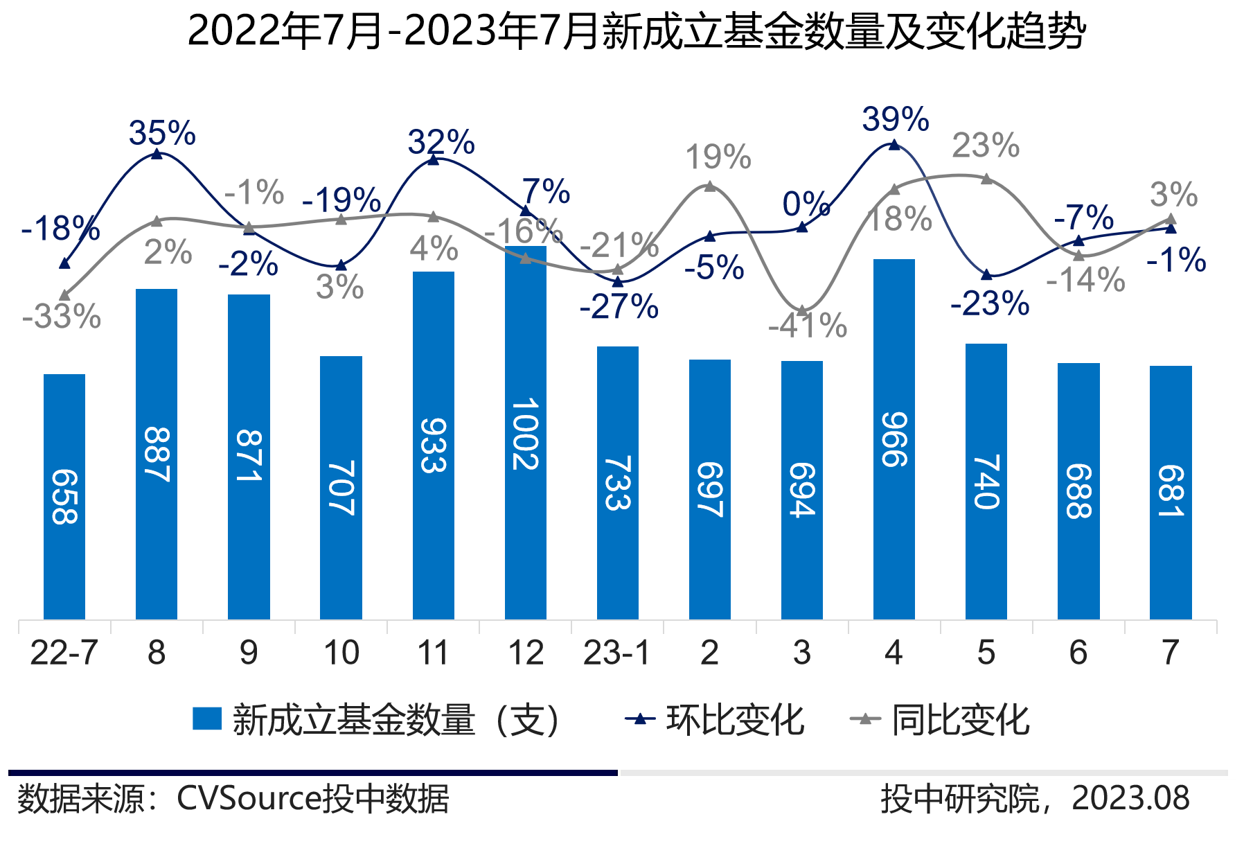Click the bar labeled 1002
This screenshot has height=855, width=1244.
(x=526, y=432)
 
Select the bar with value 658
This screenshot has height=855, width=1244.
(x=64, y=496)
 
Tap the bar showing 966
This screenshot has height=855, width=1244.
(x=894, y=439)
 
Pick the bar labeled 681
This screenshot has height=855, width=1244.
(x=1171, y=492)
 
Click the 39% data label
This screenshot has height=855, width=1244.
(x=895, y=119)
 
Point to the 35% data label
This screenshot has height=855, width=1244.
(x=162, y=133)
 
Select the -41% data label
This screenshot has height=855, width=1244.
(x=808, y=326)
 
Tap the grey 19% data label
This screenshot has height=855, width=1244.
(x=718, y=158)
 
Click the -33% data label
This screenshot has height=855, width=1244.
(x=62, y=317)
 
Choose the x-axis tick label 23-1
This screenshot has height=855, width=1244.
(x=616, y=653)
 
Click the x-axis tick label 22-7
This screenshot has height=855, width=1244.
(x=64, y=653)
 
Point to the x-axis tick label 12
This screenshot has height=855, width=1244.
(x=526, y=653)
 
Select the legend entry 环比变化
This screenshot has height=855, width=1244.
(x=734, y=720)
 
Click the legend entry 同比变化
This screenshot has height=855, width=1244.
(x=960, y=720)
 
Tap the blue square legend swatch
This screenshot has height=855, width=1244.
(x=207, y=719)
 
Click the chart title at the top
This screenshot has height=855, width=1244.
(x=636, y=32)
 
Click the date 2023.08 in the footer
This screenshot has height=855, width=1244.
(x=1130, y=799)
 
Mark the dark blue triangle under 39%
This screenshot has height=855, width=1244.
(x=894, y=145)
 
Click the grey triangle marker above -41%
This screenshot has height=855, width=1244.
(x=801, y=311)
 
